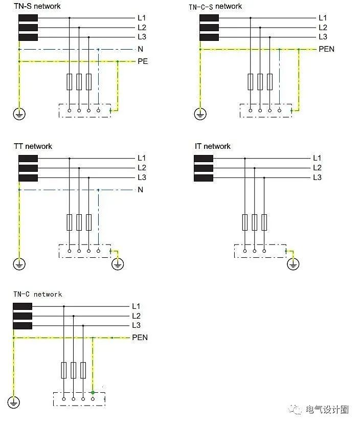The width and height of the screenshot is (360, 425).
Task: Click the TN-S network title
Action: point(37,6)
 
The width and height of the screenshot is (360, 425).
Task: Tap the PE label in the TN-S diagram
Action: point(143,61)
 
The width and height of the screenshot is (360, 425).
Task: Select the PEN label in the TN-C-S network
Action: point(326,49)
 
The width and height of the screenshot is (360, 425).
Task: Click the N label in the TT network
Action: point(141,189)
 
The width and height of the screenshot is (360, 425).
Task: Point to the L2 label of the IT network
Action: point(317,168)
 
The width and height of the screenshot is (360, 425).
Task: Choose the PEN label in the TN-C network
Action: point(140,338)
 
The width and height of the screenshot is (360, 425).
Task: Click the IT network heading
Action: point(213,146)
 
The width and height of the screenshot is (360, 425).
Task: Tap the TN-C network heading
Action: point(38,294)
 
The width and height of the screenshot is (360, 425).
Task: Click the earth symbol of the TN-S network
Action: point(19,114)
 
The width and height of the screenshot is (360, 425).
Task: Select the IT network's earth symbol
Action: point(293,264)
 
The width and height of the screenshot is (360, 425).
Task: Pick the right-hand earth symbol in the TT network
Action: point(118,264)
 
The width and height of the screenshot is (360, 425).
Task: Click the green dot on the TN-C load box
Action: point(93,392)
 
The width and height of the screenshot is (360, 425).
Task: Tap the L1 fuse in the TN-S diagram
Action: point(70,82)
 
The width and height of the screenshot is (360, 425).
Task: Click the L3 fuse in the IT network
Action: point(264,222)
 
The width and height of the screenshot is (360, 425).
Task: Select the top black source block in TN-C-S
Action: point(209,18)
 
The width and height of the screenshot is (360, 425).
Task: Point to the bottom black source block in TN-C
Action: point(22,325)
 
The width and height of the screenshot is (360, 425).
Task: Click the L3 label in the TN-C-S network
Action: point(323,37)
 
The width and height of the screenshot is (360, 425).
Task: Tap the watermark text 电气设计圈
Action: point(327,409)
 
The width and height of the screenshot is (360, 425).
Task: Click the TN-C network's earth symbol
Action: point(14,402)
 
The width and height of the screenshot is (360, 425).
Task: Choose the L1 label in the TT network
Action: point(142,158)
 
